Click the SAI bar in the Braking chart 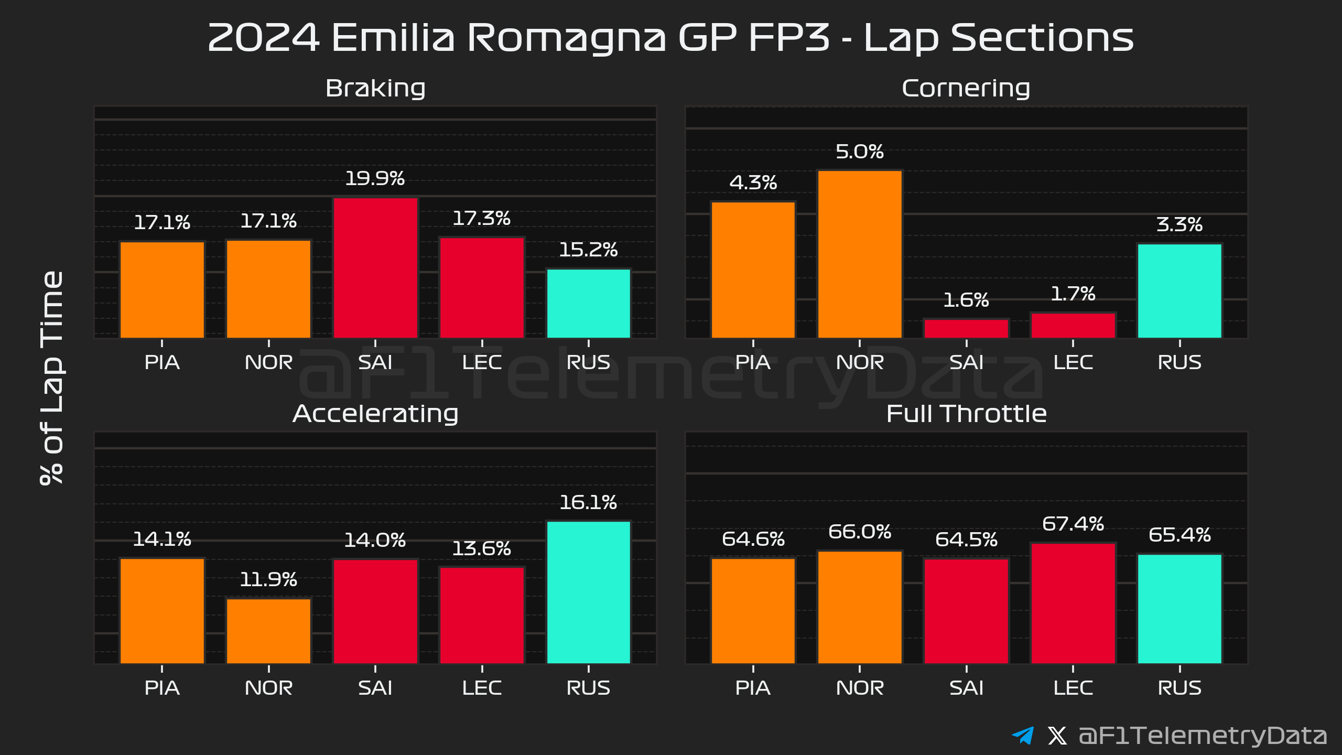point(375,267)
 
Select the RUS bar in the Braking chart point(588,303)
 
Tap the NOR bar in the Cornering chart point(860,254)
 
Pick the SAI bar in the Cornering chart point(966,328)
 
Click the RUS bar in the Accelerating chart point(588,592)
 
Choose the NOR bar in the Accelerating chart point(268,631)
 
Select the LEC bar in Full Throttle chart point(1073,603)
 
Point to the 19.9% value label point(375,179)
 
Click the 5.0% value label point(860,152)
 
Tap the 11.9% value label point(268,579)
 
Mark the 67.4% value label point(1073,524)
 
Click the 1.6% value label point(966,300)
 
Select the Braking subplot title point(375,88)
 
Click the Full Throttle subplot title point(966,414)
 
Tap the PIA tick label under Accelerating point(162,687)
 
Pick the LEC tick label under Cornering point(1073,362)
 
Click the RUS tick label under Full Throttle point(1179,687)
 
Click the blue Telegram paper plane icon point(1023,735)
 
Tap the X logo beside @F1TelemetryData point(1057,735)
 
